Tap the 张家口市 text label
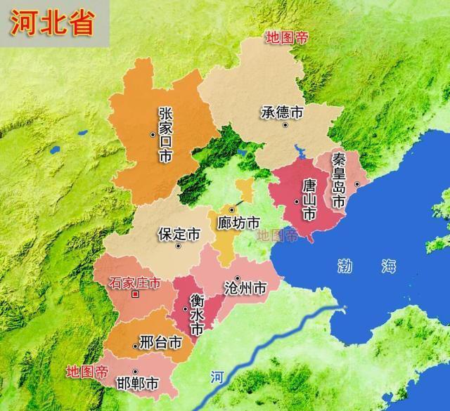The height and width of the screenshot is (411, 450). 166,135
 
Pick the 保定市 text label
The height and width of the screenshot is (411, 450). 179,233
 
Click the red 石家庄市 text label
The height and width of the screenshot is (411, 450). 135,283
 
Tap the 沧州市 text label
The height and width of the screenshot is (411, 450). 244,288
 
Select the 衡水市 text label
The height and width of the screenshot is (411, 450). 198,313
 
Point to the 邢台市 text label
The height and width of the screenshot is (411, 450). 161,344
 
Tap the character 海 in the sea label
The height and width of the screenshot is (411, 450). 388,266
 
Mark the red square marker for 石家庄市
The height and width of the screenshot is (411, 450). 134,295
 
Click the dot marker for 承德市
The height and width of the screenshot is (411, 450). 285,125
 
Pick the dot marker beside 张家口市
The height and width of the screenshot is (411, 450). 153,133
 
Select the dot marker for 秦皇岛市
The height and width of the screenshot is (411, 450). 357,184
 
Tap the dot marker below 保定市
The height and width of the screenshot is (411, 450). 179,246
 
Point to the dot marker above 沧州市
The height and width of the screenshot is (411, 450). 238,278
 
